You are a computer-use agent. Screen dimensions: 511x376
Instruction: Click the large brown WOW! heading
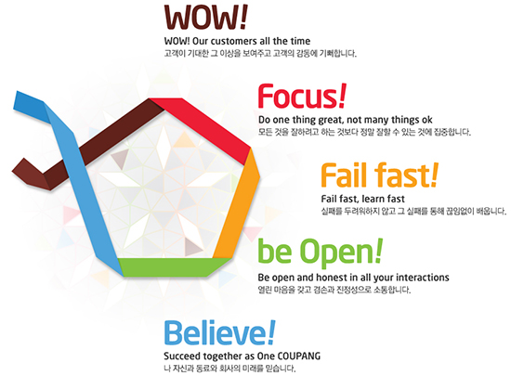coord(205,17)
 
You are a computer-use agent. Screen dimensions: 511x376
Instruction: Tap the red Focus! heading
coord(302,96)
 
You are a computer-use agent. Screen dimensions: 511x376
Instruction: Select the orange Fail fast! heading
coord(380,175)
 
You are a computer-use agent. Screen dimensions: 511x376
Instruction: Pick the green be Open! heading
coord(321,252)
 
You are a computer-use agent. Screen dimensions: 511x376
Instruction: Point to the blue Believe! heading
coord(219,332)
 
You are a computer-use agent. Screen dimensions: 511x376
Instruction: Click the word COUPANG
coord(299,356)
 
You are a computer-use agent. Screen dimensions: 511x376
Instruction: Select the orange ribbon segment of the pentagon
coord(237,203)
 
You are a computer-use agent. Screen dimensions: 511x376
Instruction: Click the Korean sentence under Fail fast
coord(413,212)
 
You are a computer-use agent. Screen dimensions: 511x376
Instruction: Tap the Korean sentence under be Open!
coord(334,290)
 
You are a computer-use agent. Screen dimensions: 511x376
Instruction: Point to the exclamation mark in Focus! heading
coord(342,96)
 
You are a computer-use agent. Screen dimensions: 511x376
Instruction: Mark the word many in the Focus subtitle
coord(377,120)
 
